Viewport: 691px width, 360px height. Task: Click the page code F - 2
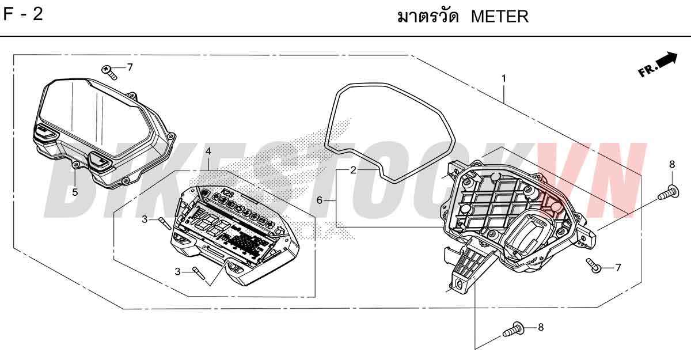pos(23,14)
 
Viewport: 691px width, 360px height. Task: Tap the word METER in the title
pos(500,17)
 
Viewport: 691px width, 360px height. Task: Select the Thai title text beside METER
pos(428,16)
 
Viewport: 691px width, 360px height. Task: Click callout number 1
pos(504,79)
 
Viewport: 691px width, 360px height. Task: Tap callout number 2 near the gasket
pos(353,170)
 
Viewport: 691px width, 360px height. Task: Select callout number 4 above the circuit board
pos(208,151)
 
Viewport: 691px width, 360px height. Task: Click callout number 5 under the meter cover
pos(75,192)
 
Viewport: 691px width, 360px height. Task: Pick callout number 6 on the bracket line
pos(320,200)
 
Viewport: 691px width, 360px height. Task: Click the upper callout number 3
pos(145,219)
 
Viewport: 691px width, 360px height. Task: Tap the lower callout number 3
pos(177,271)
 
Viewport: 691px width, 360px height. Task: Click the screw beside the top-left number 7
pos(109,72)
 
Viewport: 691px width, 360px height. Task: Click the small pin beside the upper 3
pos(165,223)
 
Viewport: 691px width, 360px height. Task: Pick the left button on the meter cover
pos(45,132)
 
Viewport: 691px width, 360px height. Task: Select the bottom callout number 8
pos(541,327)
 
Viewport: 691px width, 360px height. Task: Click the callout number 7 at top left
pos(130,67)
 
